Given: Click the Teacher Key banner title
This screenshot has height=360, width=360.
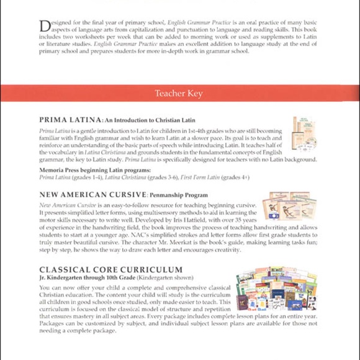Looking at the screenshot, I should pos(180,94).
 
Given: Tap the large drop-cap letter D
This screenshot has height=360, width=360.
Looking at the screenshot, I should pos(44,25).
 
